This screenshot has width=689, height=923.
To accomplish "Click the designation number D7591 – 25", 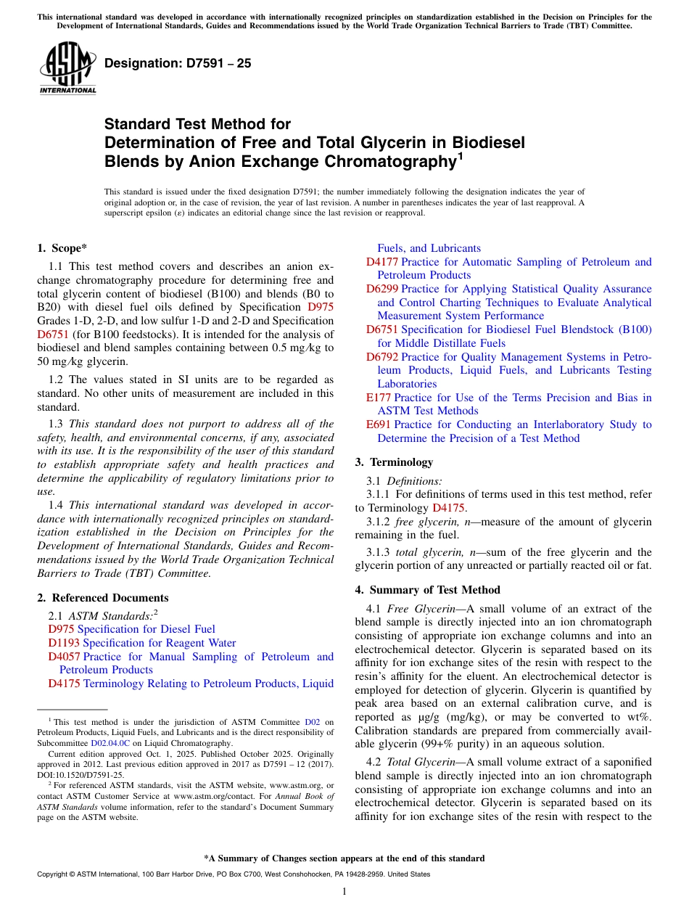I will pos(178,64).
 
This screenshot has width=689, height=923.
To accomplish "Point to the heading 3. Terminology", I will pos(394,462).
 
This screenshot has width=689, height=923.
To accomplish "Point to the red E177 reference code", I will pos(378,398).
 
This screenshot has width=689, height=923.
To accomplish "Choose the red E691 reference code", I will pos(378,424).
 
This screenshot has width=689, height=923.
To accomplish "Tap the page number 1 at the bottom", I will pos(344,892).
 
